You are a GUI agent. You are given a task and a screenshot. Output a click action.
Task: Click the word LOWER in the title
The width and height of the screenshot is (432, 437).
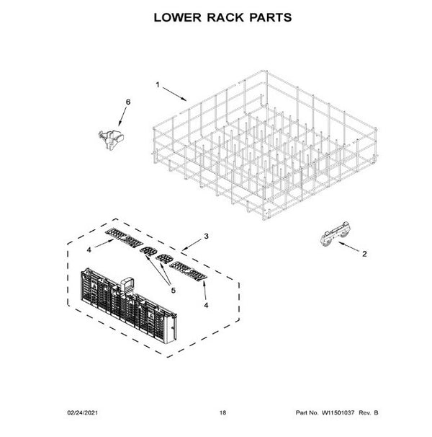point(177,17)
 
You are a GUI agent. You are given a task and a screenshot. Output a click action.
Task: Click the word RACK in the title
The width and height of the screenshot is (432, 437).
point(225,17)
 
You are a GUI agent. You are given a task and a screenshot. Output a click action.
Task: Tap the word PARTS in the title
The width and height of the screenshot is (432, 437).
point(270,17)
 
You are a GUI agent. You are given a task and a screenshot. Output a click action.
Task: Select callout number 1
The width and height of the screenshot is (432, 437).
point(158,84)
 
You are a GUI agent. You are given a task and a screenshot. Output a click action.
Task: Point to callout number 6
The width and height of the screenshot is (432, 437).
point(128,102)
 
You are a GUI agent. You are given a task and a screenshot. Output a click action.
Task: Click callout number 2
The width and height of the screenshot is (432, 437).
point(364,254)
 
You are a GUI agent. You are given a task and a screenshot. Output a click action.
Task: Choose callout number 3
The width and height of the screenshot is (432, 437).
point(206,236)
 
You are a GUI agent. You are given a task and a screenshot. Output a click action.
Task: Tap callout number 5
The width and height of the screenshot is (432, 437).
point(173,291)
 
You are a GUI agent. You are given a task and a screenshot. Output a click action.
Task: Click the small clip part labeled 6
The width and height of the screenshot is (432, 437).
point(111,140)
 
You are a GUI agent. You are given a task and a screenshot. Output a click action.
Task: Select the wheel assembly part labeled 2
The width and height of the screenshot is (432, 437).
point(335,234)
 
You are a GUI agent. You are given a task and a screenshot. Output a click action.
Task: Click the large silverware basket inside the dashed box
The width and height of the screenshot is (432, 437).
point(128,306)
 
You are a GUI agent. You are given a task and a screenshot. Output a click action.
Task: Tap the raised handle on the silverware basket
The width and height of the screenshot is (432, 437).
point(127,285)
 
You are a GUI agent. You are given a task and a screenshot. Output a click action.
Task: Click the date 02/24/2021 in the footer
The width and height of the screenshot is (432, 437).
point(83,412)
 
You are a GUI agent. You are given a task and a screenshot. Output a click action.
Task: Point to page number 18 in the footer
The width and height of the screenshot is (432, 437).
point(222,412)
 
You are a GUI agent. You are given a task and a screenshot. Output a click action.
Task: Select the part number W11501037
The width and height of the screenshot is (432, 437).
point(338,412)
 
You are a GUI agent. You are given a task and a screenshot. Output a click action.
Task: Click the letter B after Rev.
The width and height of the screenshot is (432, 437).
point(376,412)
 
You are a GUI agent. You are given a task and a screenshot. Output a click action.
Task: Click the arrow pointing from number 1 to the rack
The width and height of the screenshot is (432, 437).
point(175,94)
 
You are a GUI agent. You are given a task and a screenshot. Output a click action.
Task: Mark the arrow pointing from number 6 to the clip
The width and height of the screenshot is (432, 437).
point(122,116)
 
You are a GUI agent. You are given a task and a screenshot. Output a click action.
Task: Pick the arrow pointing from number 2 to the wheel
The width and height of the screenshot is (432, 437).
point(349,247)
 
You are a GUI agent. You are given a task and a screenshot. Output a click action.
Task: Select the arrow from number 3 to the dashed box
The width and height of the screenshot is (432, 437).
point(192,244)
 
